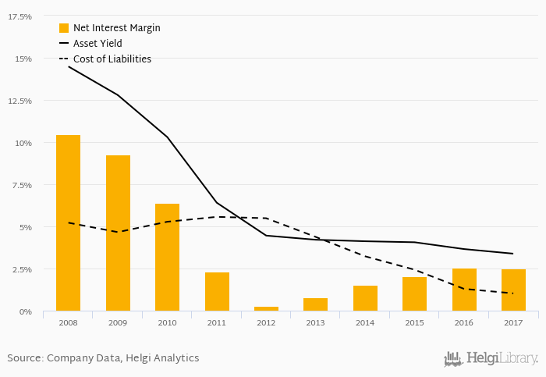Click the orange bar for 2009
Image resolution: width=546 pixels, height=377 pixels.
[118, 233]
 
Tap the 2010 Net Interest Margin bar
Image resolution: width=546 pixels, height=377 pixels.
[167, 257]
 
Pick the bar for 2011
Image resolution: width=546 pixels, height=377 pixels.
[217, 291]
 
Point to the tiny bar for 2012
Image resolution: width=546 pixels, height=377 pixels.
[266, 308]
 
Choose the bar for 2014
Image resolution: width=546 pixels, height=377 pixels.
[365, 298]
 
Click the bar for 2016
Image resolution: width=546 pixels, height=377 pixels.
[464, 290]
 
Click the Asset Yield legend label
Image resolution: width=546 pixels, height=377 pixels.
[97, 44]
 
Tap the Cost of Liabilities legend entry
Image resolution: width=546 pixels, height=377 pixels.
[112, 59]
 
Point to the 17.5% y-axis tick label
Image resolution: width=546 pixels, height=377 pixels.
[19, 16]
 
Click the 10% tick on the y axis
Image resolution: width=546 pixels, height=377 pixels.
[23, 143]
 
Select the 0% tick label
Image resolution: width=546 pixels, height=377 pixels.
[25, 311]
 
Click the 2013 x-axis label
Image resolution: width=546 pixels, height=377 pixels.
[315, 322]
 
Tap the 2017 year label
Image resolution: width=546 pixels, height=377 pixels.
[513, 322]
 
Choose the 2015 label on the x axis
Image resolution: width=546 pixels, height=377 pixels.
[414, 322]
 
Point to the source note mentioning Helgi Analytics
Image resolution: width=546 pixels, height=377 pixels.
[103, 358]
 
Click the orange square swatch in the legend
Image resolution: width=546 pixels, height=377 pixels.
[64, 28]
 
